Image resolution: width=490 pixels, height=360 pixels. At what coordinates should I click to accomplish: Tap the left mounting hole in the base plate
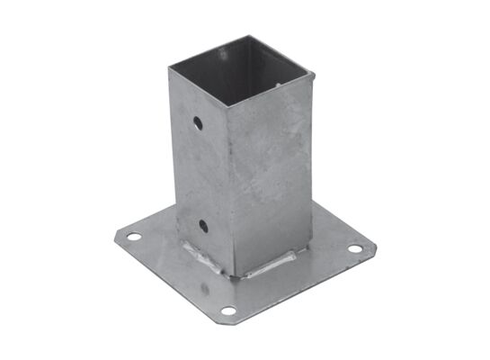pos(133,237)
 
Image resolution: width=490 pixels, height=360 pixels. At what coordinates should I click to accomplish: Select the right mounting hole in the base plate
pos(356,247)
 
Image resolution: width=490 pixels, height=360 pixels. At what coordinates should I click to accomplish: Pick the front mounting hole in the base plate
pos(228,311)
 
